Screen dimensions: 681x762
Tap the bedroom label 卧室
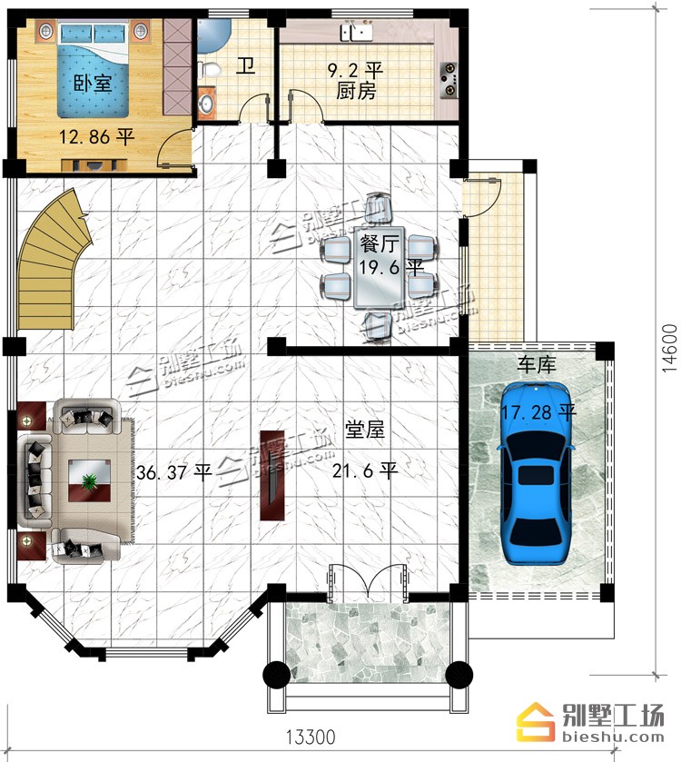(93, 84)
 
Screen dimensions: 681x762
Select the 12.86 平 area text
(96, 137)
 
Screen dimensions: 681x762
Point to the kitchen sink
(357, 32)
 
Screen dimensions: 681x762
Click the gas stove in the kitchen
(449, 80)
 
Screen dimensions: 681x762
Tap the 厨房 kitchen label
(356, 91)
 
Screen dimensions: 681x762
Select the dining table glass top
(379, 268)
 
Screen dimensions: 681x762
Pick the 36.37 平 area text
(174, 472)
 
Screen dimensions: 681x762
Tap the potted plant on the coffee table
(89, 481)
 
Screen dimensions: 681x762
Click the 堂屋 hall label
(365, 430)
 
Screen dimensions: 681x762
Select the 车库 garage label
(537, 364)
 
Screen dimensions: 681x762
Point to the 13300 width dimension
(310, 737)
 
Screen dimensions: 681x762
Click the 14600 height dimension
(669, 348)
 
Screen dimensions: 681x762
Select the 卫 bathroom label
(246, 65)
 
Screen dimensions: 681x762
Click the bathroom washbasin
(207, 103)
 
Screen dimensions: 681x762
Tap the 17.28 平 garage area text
(538, 412)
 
